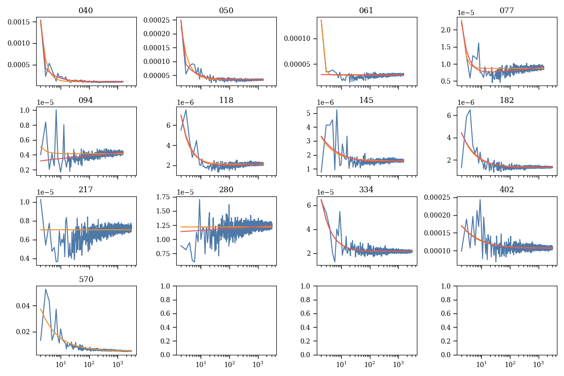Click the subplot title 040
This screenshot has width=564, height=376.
coord(86,11)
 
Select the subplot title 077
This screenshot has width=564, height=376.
coord(507,11)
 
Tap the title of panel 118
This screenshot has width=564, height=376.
coord(226,100)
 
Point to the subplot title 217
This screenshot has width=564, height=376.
coord(86,190)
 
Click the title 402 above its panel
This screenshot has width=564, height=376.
coord(507,190)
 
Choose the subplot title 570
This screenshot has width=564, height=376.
coord(86,279)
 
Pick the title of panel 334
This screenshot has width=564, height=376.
coord(367,190)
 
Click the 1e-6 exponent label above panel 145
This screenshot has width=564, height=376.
coord(326,102)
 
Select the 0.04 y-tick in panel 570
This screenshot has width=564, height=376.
coord(24,305)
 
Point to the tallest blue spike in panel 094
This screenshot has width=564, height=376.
coord(56,110)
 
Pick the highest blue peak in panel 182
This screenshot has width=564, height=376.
coord(470,110)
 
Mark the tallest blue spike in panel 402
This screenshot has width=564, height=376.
coord(480,199)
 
